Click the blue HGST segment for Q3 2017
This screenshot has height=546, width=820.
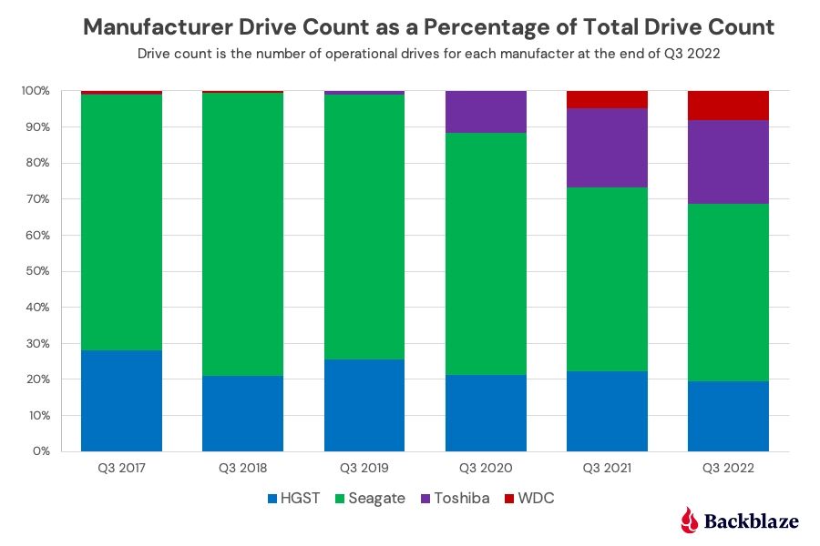pyautogui.click(x=121, y=400)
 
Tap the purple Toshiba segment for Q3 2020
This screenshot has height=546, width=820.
pyautogui.click(x=486, y=112)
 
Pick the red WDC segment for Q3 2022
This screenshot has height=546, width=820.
pyautogui.click(x=728, y=106)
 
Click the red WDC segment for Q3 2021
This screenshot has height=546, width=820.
pyautogui.click(x=607, y=99)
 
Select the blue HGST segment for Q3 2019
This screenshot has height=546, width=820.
pyautogui.click(x=364, y=405)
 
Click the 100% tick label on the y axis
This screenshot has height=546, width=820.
pyautogui.click(x=36, y=91)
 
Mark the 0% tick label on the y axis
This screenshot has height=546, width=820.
pyautogui.click(x=43, y=451)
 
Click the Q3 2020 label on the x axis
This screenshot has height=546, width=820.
pyautogui.click(x=486, y=469)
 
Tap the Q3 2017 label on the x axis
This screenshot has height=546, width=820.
pyautogui.click(x=121, y=469)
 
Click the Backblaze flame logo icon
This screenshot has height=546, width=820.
pyautogui.click(x=690, y=520)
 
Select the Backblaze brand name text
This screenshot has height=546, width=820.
pyautogui.click(x=752, y=521)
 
